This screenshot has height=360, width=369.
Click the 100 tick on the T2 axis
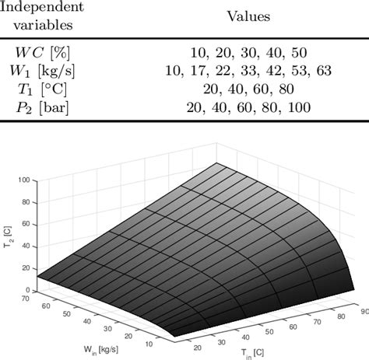tap(25, 180)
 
